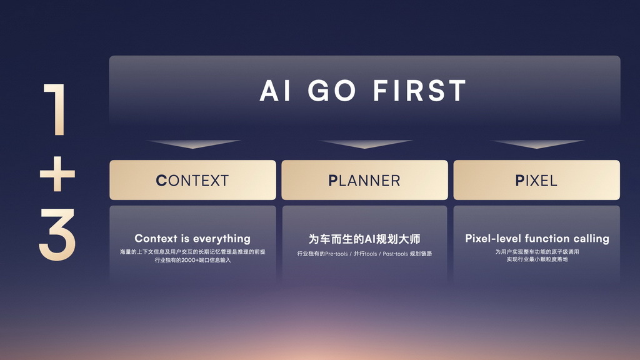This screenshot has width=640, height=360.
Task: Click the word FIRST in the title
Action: (x=419, y=91)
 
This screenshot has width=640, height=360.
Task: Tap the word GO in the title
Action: (x=331, y=91)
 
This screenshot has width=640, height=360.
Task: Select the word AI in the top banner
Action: (x=275, y=91)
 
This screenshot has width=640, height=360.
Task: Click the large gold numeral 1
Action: (x=56, y=109)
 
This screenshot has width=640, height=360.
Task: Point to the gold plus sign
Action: (x=57, y=174)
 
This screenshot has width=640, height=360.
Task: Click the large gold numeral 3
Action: (x=57, y=234)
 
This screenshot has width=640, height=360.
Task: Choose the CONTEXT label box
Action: (x=192, y=180)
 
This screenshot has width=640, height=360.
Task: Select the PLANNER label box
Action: (x=364, y=180)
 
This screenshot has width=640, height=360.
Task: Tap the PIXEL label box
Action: (x=537, y=180)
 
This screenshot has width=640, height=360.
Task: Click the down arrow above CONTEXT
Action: (x=193, y=144)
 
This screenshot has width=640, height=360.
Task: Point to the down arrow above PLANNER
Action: (x=365, y=144)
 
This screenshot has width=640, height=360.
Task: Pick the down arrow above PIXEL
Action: (x=537, y=144)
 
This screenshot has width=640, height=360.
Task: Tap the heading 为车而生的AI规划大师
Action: (x=364, y=239)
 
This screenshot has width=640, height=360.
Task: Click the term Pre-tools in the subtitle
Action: (x=336, y=254)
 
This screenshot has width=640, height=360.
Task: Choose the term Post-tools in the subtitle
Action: (x=395, y=254)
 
